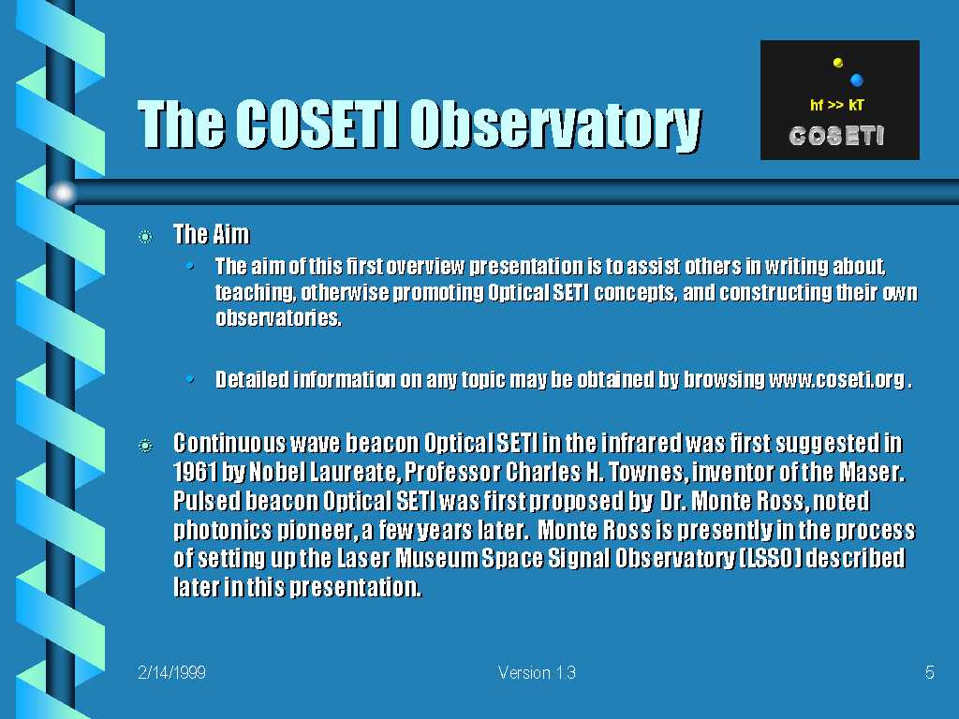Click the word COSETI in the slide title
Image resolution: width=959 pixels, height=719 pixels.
(x=317, y=125)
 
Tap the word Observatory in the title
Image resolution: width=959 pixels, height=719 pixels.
(x=555, y=126)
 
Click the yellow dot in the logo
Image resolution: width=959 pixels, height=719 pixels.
(x=838, y=63)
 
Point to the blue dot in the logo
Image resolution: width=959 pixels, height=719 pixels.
(x=856, y=80)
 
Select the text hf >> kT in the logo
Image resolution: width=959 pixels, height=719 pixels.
(x=836, y=105)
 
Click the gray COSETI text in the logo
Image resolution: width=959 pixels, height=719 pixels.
(x=836, y=136)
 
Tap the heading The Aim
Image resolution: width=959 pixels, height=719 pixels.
(x=212, y=234)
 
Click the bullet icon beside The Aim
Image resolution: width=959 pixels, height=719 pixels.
(x=145, y=237)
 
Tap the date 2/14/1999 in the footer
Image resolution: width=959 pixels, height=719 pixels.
(x=172, y=672)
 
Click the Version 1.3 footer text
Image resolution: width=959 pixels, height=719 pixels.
(x=537, y=672)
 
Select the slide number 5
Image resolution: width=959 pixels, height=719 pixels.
(x=930, y=672)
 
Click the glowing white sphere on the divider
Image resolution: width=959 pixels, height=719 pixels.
(x=63, y=193)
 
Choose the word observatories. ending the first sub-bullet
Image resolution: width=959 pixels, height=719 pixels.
(x=278, y=318)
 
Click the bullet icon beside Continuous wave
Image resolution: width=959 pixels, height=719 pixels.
(x=145, y=446)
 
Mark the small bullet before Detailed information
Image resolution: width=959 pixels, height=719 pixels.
(x=191, y=380)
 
